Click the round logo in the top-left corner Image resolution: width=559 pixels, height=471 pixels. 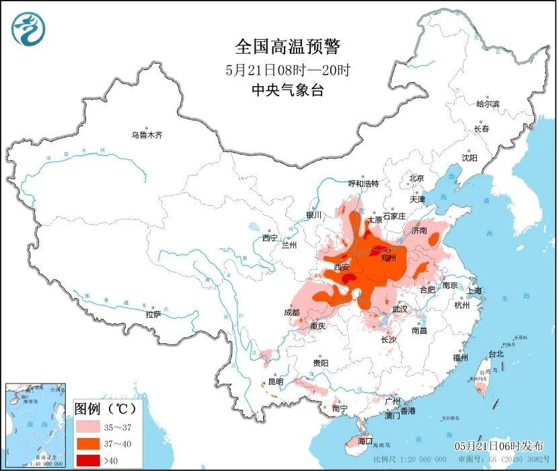tap(28, 29)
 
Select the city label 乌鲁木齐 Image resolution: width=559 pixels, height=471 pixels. tap(147, 135)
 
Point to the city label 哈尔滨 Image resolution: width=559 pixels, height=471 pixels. tap(488, 104)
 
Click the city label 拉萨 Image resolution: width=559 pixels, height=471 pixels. tap(153, 314)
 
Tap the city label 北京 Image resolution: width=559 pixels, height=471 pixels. tap(416, 178)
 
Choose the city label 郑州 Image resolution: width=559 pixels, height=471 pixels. tap(389, 257)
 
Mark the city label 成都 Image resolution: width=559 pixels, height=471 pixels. tap(291, 312)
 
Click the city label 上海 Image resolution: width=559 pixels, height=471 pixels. tap(474, 291)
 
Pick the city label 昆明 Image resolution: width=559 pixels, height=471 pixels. tap(276, 382)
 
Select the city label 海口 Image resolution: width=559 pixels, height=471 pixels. tap(365, 441)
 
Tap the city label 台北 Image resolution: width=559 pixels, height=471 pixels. tap(496, 353)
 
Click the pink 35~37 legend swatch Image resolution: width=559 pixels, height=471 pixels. tap(88, 426)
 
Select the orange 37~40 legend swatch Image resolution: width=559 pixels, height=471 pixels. tap(88, 443)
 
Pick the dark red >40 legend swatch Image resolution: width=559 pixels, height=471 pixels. tap(88, 460)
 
